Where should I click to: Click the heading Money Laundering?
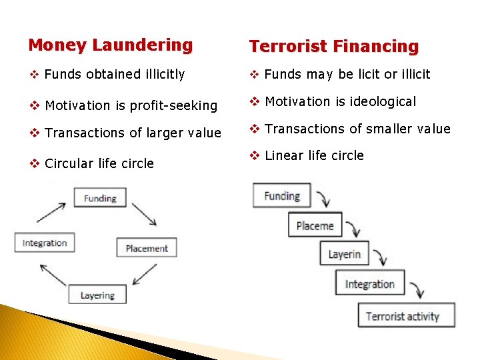[110, 45]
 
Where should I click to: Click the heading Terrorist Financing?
[333, 47]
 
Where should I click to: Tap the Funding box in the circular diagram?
[100, 198]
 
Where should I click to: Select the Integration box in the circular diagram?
[45, 243]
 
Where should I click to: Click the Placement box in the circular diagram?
[147, 248]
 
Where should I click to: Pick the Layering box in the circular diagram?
[97, 295]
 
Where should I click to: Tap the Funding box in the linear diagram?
[281, 196]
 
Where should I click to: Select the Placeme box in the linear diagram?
[315, 225]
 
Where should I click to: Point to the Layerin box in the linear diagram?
[344, 255]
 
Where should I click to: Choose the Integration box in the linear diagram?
[369, 284]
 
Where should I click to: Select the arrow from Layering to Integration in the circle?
[53, 274]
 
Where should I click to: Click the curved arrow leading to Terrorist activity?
[417, 290]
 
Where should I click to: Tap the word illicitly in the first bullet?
[160, 74]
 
